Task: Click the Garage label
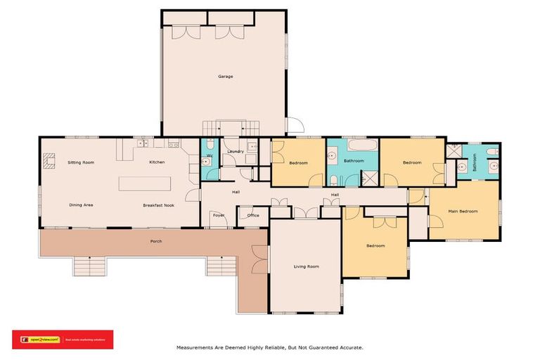click(x=225, y=76)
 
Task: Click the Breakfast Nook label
click(x=159, y=205)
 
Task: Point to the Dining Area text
click(x=81, y=205)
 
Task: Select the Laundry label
click(x=236, y=151)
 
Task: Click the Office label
click(x=253, y=216)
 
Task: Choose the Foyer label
click(x=219, y=216)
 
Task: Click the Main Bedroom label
click(x=464, y=211)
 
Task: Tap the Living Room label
click(x=307, y=266)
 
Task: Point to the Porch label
click(x=156, y=242)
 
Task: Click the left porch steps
click(x=89, y=266)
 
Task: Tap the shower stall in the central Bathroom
click(x=369, y=177)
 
